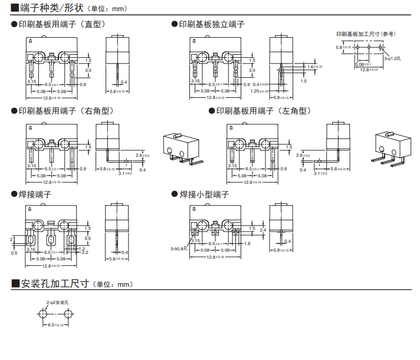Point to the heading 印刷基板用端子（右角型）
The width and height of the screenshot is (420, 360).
pyautogui.click(x=65, y=111)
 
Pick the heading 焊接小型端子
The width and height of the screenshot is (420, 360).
pyautogui.click(x=204, y=194)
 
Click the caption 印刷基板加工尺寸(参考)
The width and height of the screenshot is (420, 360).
pyautogui.click(x=366, y=34)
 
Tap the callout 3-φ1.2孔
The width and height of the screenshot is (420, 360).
pyautogui.click(x=392, y=58)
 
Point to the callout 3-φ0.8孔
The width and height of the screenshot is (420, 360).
pyautogui.click(x=179, y=249)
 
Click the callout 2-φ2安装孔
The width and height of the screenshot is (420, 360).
pyautogui.click(x=58, y=302)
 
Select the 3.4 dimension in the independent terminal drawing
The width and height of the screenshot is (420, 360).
pyautogui.click(x=252, y=70)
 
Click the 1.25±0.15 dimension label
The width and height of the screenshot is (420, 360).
pyautogui.click(x=260, y=91)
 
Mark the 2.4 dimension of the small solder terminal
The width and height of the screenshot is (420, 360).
pyautogui.click(x=263, y=229)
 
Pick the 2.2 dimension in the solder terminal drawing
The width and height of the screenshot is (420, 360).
pyautogui.click(x=85, y=252)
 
